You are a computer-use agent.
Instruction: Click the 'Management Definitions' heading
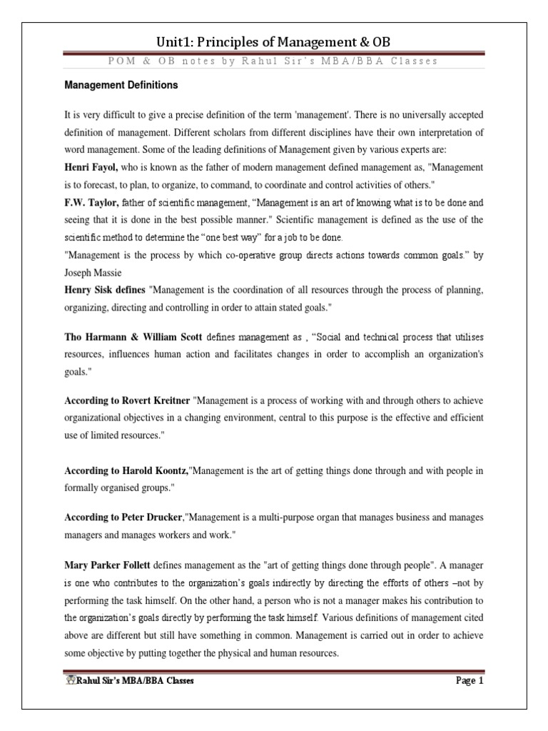121,85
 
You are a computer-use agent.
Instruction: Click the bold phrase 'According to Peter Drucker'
124,516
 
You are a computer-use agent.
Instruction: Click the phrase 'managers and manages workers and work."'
156,533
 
